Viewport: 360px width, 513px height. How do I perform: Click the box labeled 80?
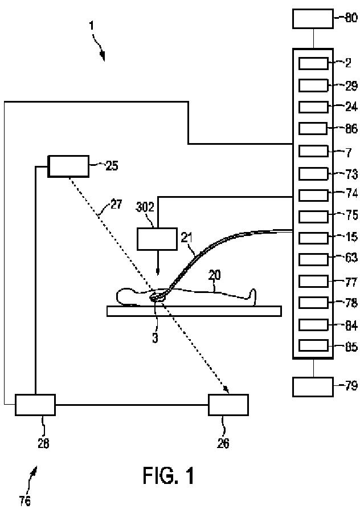tap(313, 18)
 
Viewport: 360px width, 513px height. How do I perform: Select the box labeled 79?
tap(313, 386)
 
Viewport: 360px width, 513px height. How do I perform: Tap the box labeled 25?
tap(68, 166)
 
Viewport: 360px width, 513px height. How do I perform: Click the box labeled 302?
tap(157, 239)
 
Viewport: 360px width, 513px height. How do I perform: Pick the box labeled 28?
tap(35, 404)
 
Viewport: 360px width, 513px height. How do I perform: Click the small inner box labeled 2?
tap(313, 63)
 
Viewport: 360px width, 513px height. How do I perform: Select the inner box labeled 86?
tap(313, 129)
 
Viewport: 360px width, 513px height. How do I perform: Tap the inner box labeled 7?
tap(313, 151)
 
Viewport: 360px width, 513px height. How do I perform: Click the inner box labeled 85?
tap(313, 345)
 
